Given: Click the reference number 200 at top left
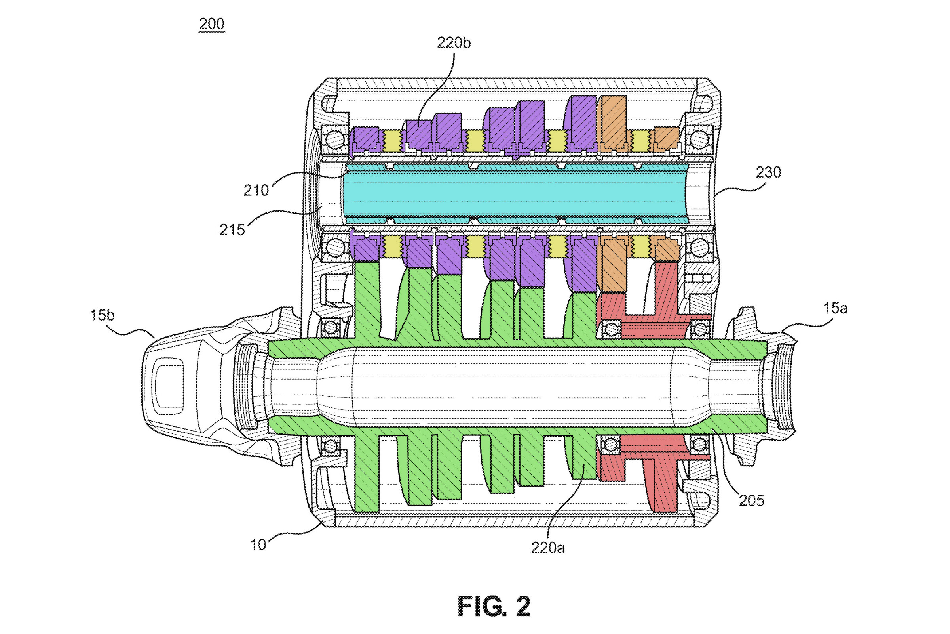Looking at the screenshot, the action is coord(212,24).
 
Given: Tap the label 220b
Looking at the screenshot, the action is coord(454,42).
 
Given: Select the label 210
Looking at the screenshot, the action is coord(256,190).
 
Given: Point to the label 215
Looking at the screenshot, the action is coord(232,230).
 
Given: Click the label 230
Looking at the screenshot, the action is coord(768,173).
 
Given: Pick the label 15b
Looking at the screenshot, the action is coord(102,315).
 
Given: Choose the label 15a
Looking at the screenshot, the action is coord(835,308).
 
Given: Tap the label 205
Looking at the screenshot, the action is coord(752,500).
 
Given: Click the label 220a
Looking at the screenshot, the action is coord(548,548).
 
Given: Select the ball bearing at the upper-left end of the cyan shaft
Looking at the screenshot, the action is coord(334,140).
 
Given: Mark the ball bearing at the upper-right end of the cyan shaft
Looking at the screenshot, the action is coord(699,140).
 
